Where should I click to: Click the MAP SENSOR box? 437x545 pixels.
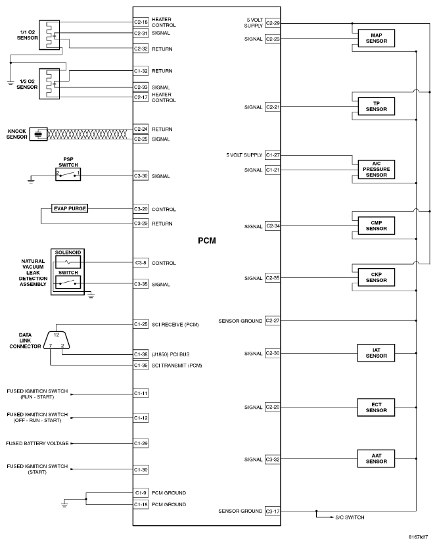tap(377, 39)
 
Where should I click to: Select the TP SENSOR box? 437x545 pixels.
tap(377, 106)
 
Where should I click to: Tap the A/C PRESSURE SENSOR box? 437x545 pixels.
tap(377, 170)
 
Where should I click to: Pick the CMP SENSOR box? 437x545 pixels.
tap(377, 225)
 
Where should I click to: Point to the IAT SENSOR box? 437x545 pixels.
tap(377, 353)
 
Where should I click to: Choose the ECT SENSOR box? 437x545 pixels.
tap(377, 406)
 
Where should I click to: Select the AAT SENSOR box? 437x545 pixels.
tap(377, 458)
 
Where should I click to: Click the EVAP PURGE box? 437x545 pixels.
tap(70, 209)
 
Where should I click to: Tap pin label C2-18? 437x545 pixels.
tap(141, 22)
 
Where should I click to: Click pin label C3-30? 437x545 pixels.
tap(141, 176)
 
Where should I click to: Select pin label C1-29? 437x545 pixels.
tap(141, 444)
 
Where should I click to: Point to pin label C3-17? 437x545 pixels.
tap(273, 511)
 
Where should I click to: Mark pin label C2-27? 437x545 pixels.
tap(273, 321)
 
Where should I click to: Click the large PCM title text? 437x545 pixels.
tap(207, 241)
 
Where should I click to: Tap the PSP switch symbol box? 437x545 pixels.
tap(68, 174)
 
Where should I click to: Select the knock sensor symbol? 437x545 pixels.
tap(41, 134)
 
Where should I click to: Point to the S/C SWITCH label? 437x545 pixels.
tap(350, 517)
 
